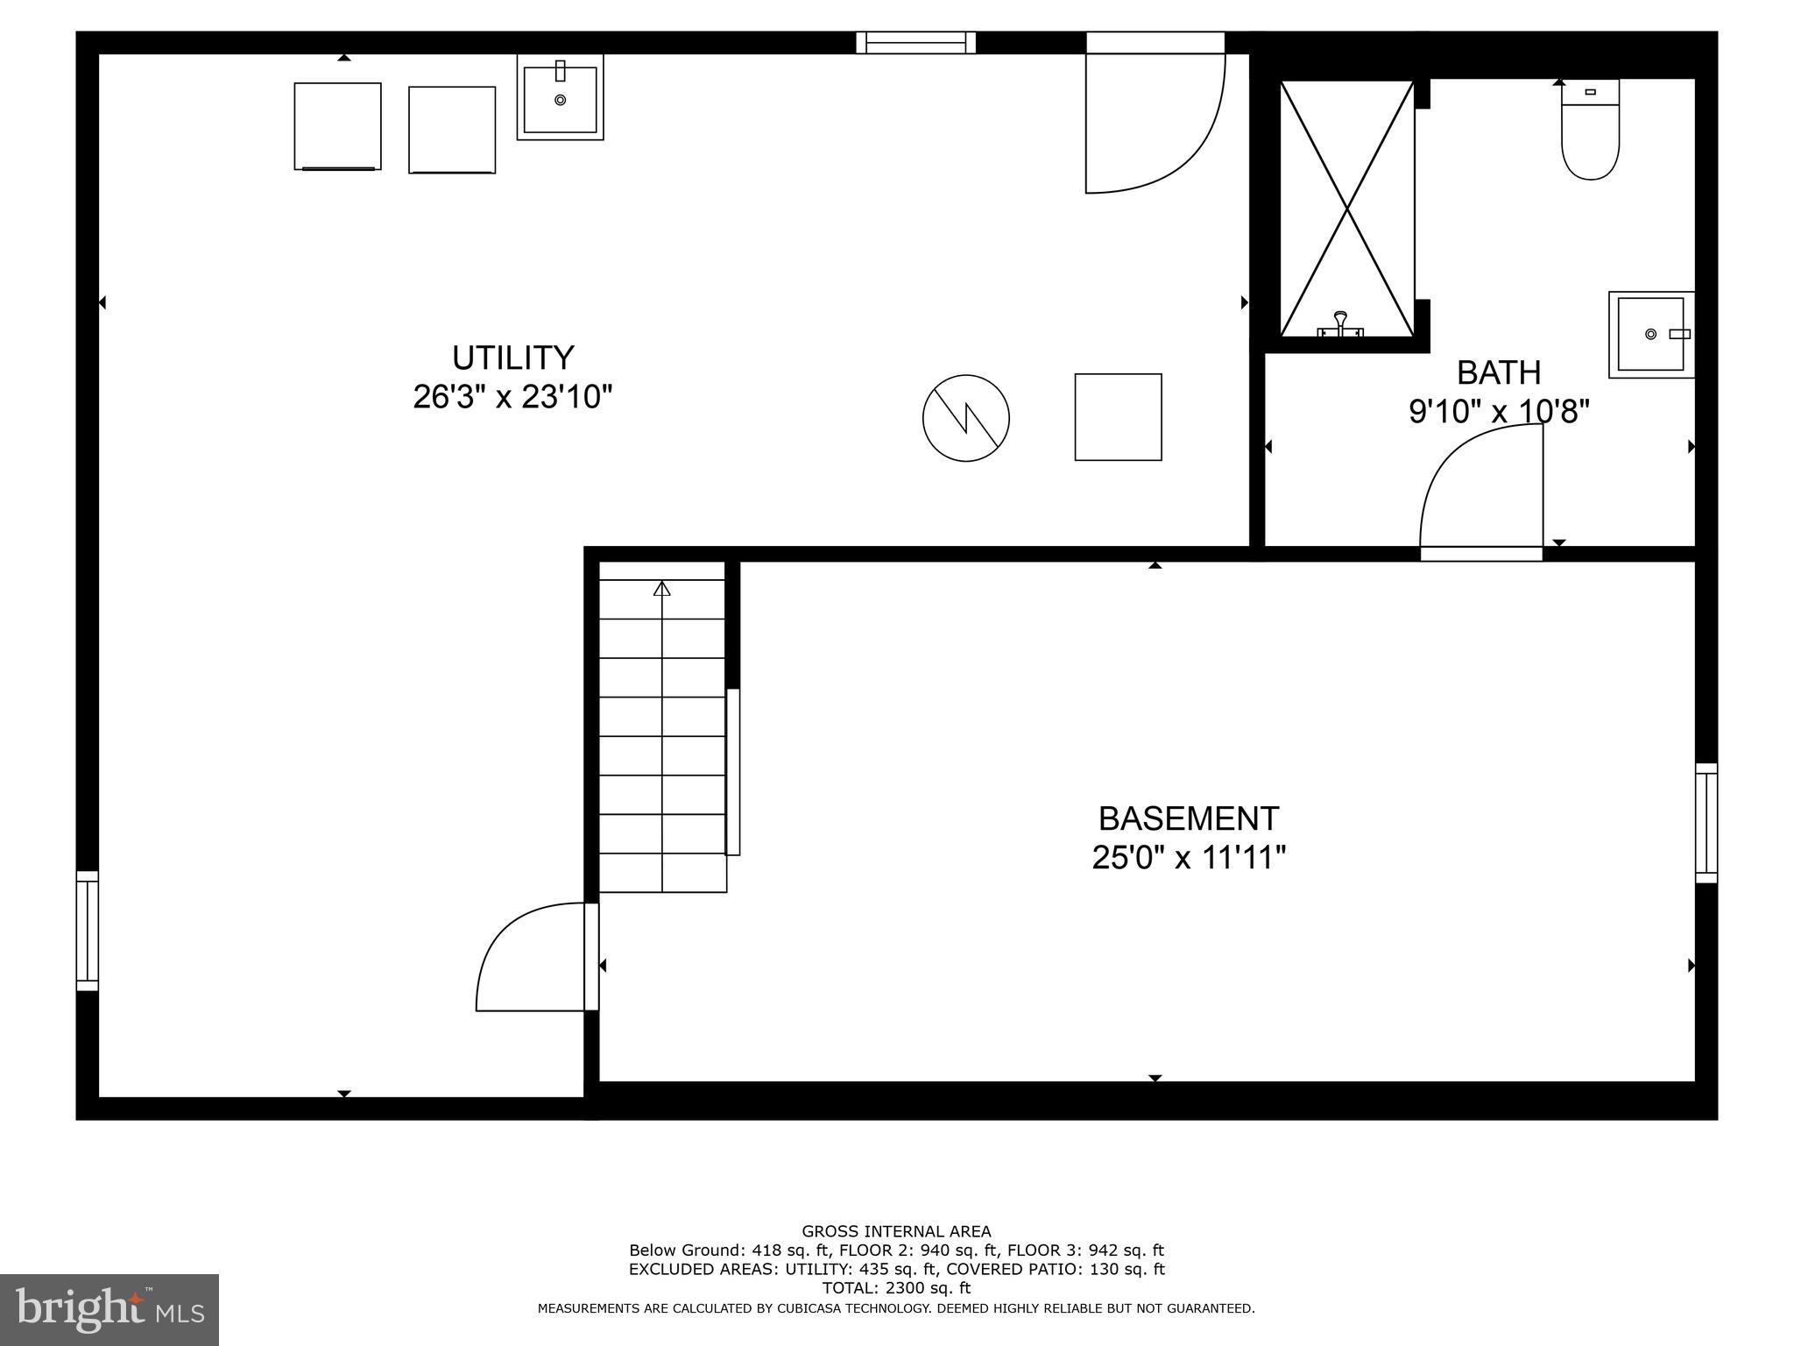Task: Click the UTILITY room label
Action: pos(512,358)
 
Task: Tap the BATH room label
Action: pos(1498,372)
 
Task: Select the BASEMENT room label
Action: pos(1189,818)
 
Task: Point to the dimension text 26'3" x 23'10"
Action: pos(512,397)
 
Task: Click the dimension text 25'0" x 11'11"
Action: pos(1189,857)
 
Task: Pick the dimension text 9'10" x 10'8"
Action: pos(1498,411)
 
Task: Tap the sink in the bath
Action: pos(1651,335)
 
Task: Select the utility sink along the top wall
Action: pos(560,97)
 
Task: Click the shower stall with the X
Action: pos(1346,209)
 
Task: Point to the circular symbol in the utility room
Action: pos(965,418)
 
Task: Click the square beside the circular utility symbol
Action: pos(1118,417)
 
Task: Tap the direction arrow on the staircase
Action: pos(661,589)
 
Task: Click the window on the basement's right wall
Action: pos(1706,823)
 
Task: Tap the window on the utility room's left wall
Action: pos(87,931)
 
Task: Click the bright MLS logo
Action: pos(109,1309)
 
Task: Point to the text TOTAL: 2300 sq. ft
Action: pos(896,1288)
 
